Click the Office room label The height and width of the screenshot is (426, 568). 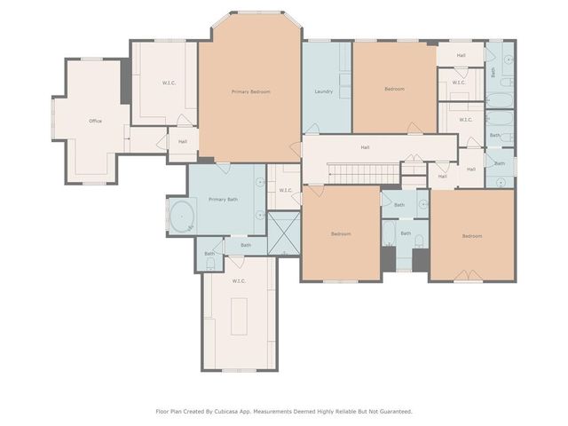point(95,121)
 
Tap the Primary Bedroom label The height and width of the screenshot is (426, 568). point(250,92)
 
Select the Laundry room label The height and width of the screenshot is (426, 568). point(324,92)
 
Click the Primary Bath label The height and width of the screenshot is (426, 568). point(223,200)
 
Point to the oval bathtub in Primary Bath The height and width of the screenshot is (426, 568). point(183,216)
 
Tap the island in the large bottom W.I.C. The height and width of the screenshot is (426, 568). point(239,317)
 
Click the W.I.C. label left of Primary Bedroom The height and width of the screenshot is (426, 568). point(170,83)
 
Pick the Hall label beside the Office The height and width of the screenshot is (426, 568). point(182,141)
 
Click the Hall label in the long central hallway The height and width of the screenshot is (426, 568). point(365,147)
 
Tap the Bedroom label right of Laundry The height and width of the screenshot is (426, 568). point(394,89)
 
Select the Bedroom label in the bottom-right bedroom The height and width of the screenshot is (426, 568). point(471,236)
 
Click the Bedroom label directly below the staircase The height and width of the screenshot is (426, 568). point(341,234)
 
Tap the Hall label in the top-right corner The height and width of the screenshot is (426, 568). point(461,55)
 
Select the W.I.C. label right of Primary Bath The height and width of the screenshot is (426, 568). point(286,190)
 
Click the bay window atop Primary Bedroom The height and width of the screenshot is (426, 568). point(258,12)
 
